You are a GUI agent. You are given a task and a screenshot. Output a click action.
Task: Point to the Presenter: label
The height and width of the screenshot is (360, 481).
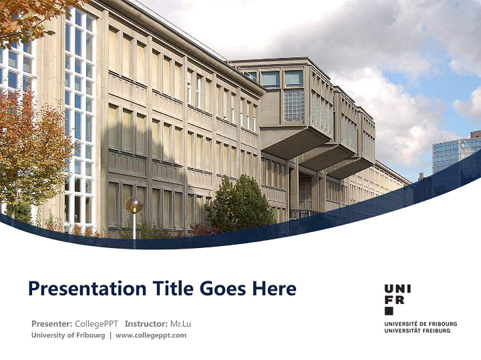(x=52, y=323)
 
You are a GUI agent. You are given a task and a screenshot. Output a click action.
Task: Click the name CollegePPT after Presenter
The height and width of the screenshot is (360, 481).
(x=96, y=323)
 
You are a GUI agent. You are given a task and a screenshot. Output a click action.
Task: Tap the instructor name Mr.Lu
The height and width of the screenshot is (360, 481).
(x=180, y=323)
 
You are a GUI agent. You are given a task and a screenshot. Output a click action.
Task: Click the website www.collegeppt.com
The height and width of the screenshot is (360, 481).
(x=151, y=335)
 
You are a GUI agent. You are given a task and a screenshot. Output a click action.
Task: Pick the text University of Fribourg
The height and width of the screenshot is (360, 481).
(x=68, y=335)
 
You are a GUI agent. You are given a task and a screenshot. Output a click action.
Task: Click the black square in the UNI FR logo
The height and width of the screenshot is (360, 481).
(x=389, y=310)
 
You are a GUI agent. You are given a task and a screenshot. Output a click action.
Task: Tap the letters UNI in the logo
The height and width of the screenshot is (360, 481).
(x=398, y=288)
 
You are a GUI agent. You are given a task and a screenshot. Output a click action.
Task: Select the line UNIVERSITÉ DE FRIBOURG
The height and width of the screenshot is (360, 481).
(x=420, y=324)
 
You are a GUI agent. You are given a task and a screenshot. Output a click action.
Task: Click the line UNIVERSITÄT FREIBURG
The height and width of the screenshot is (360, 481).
(x=417, y=330)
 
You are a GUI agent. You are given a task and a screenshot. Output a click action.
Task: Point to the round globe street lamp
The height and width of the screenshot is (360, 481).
(x=134, y=205)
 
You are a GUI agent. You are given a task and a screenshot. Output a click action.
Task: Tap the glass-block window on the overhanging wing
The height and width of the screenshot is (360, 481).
(x=294, y=106)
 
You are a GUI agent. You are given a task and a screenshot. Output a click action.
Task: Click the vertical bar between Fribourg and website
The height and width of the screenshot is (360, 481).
(x=110, y=335)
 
